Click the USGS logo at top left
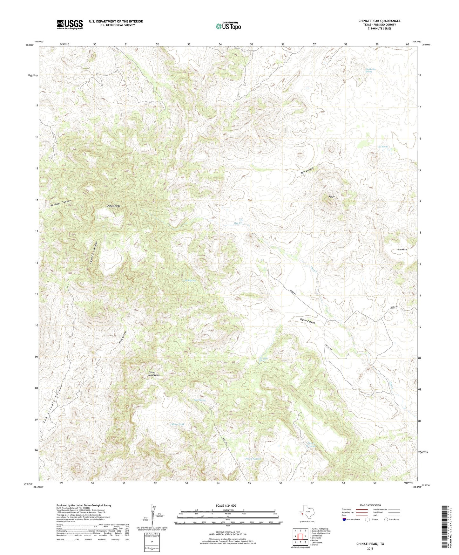coord(70,24)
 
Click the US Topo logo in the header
coord(228,26)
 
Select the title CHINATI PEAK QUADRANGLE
coord(379,21)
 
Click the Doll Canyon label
coord(307,170)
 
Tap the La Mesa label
coord(402,250)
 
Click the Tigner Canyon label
coord(307,321)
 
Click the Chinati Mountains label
coord(154,373)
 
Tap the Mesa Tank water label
coord(178,424)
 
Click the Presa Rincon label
coord(253,459)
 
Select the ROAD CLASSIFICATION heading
coord(370,505)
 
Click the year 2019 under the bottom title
coord(370,548)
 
